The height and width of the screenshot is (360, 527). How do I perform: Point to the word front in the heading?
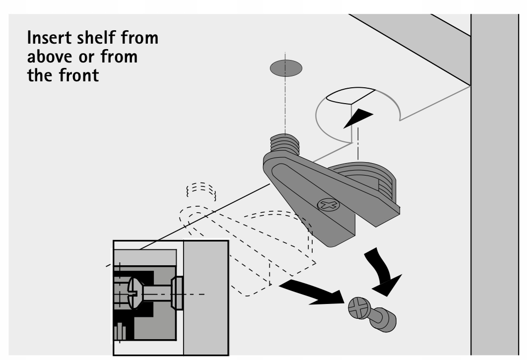point(77,76)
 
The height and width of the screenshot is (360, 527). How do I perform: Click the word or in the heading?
point(99,58)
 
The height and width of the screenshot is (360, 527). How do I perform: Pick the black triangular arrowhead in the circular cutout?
point(358,118)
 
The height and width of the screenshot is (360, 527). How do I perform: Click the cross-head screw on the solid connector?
point(328,205)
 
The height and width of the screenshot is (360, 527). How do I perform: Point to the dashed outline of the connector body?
point(258,248)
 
